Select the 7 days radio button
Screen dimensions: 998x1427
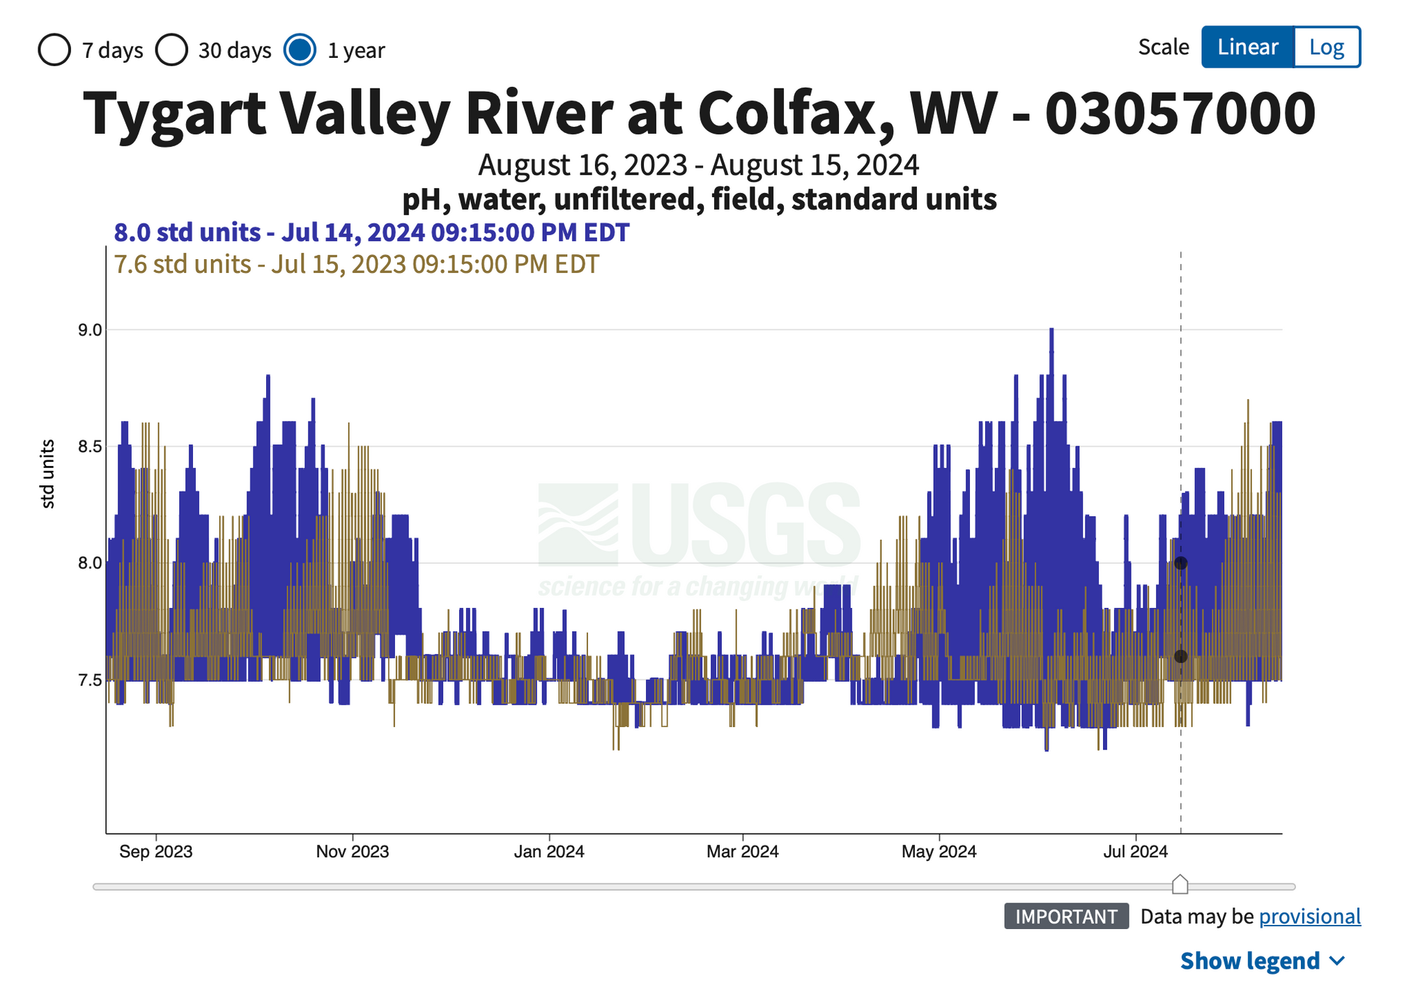click(x=54, y=50)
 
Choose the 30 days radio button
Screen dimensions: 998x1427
click(x=171, y=50)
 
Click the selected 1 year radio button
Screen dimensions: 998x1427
click(x=300, y=50)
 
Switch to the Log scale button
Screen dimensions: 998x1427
click(x=1326, y=47)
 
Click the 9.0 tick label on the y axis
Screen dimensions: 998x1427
click(x=90, y=330)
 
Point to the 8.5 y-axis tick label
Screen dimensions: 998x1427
click(x=90, y=446)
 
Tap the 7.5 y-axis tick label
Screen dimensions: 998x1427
click(x=90, y=680)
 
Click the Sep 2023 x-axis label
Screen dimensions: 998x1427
click(x=155, y=851)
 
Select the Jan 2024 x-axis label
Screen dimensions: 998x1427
click(x=549, y=851)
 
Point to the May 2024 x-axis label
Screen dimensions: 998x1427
click(x=939, y=851)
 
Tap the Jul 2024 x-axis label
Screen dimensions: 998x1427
click(x=1136, y=851)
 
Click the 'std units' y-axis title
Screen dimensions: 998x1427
click(x=47, y=474)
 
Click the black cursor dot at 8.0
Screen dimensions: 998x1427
click(x=1180, y=563)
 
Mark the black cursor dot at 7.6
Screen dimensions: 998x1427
click(x=1180, y=657)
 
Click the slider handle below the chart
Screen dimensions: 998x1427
click(x=1180, y=885)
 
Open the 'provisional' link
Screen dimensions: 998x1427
click(x=1309, y=917)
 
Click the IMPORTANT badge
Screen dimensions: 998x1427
click(x=1066, y=917)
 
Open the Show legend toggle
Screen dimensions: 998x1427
click(x=1262, y=961)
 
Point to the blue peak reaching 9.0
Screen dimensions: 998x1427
click(x=1051, y=332)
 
